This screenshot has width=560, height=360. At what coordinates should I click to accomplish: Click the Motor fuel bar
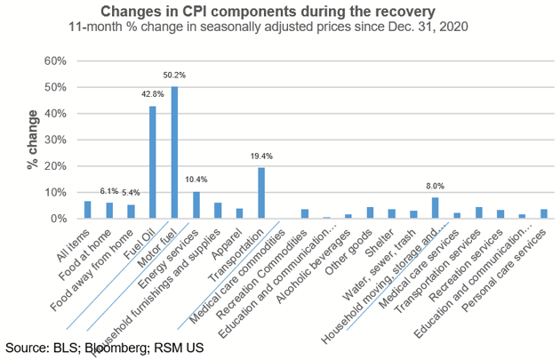pos(174,153)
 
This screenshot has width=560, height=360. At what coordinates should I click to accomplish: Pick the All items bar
pos(87,210)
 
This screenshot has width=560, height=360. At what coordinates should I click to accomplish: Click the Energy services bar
pos(196,205)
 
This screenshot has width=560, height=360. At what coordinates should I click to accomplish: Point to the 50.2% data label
pos(174,77)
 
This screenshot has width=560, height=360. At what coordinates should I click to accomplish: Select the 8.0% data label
pos(435,187)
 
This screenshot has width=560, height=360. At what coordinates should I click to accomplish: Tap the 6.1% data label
pos(108,191)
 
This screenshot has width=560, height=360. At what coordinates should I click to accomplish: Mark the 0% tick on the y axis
pos(59,219)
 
